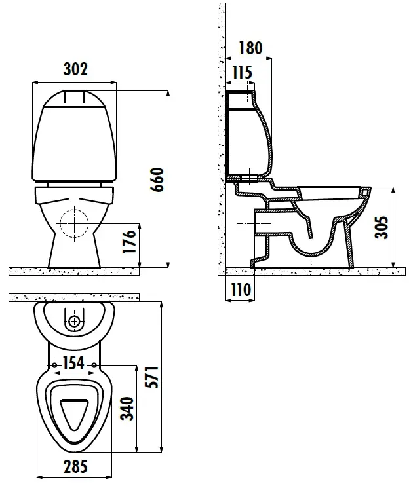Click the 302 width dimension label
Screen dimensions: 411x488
click(75, 69)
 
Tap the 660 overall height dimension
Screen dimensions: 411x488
click(157, 179)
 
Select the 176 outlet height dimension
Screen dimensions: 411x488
click(129, 242)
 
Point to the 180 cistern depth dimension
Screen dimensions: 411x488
click(250, 48)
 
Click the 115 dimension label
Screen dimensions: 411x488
click(243, 73)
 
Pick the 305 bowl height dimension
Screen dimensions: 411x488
click(382, 227)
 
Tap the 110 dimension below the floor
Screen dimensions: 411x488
click(241, 290)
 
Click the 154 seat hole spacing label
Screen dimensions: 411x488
click(73, 363)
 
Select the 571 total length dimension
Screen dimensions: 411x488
click(153, 377)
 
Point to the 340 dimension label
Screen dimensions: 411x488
click(127, 408)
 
